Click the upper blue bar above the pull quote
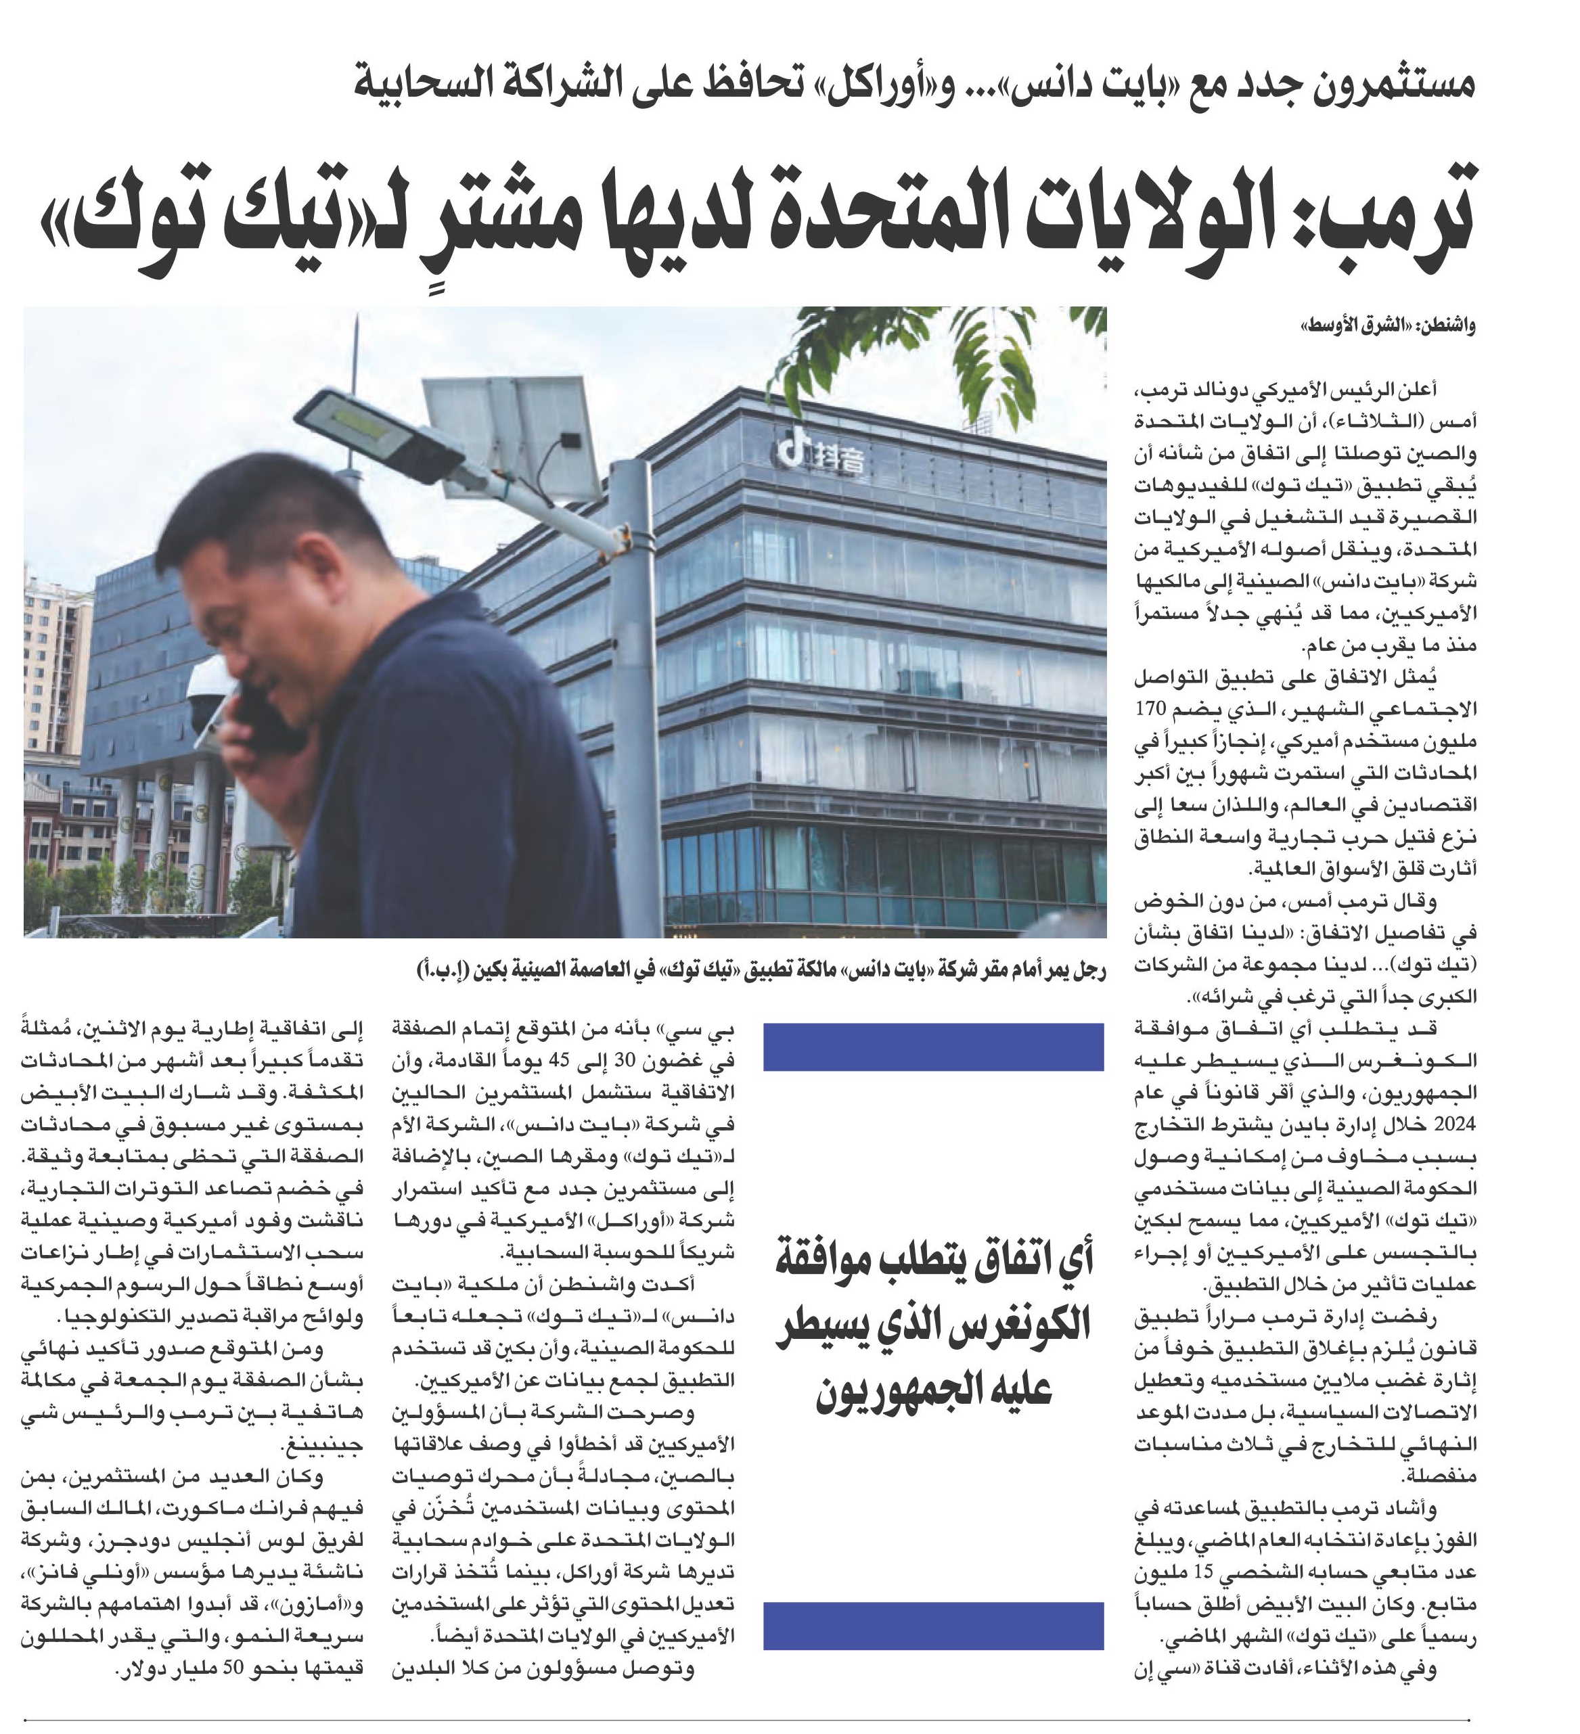[932, 1046]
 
